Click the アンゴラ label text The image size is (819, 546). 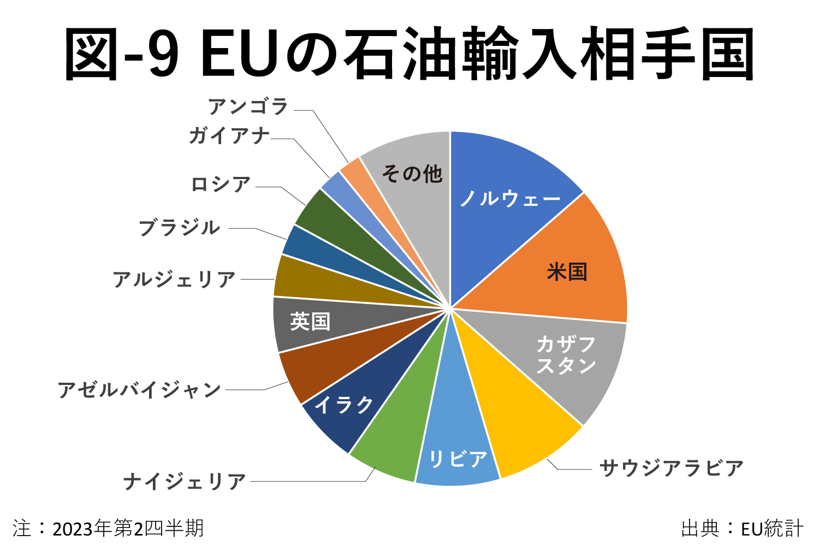(248, 106)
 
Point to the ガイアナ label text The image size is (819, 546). (229, 135)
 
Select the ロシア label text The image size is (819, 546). (221, 185)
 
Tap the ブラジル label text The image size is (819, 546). (179, 228)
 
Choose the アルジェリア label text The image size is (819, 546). (174, 280)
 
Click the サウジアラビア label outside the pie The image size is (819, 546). (671, 468)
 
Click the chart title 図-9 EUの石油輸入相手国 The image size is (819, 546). (410, 54)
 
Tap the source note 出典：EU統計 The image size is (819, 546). (742, 528)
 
